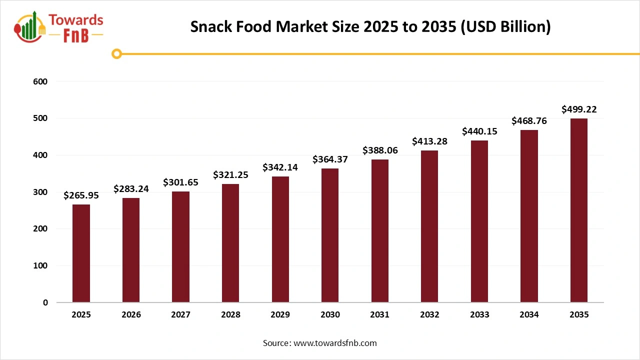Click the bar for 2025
(x=81, y=253)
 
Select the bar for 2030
(x=330, y=235)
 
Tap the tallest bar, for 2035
(x=579, y=210)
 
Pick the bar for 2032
(x=429, y=226)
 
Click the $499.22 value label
(x=579, y=109)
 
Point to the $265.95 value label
(x=81, y=195)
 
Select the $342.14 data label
(x=280, y=167)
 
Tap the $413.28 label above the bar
(x=429, y=141)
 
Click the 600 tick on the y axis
(x=41, y=81)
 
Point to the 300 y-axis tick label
(x=41, y=192)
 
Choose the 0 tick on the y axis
(x=45, y=302)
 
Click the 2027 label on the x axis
(x=180, y=315)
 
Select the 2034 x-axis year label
(x=529, y=315)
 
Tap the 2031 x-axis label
(x=379, y=315)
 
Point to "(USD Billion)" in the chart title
(x=504, y=27)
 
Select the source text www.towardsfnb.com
(x=335, y=343)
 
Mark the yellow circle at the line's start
(x=116, y=53)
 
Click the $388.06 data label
(x=379, y=150)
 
